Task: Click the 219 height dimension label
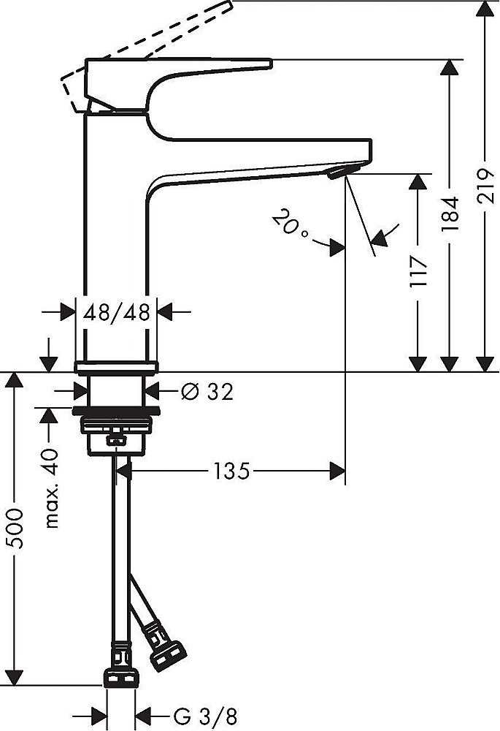[x=485, y=186]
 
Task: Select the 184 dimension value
[x=450, y=213]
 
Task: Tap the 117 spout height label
[x=418, y=271]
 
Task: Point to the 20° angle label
[x=289, y=224]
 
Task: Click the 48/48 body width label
[x=116, y=312]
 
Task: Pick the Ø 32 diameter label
[x=207, y=392]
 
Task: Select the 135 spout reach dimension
[x=232, y=471]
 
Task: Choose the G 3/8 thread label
[x=205, y=716]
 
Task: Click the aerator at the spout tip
[x=344, y=170]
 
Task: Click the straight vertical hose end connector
[x=121, y=666]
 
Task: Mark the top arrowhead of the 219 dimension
[x=485, y=9]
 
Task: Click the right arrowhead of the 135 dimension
[x=337, y=471]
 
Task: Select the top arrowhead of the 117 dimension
[x=418, y=181]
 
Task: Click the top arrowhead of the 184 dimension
[x=449, y=67]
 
